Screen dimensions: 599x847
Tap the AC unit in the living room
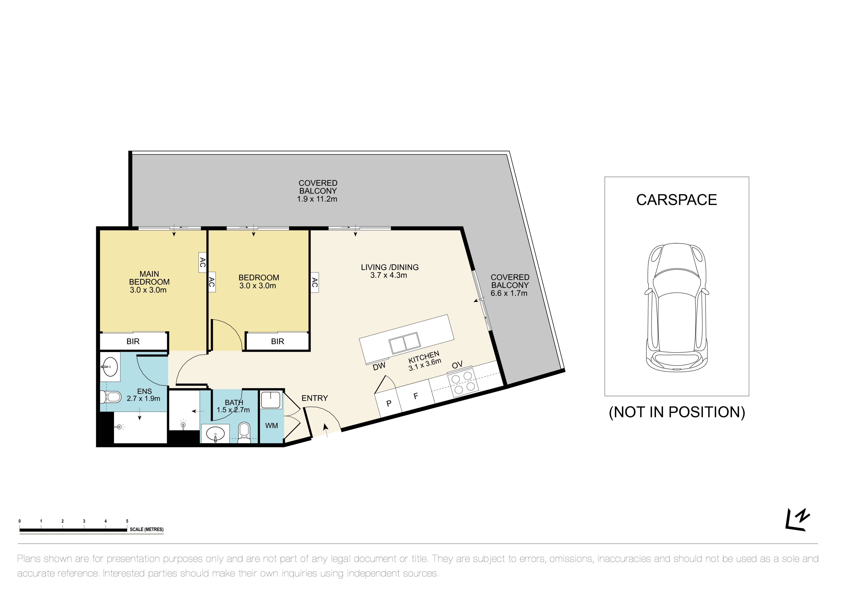(314, 282)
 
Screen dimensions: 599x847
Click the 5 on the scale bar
(127, 521)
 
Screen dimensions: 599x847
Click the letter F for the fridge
(416, 396)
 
